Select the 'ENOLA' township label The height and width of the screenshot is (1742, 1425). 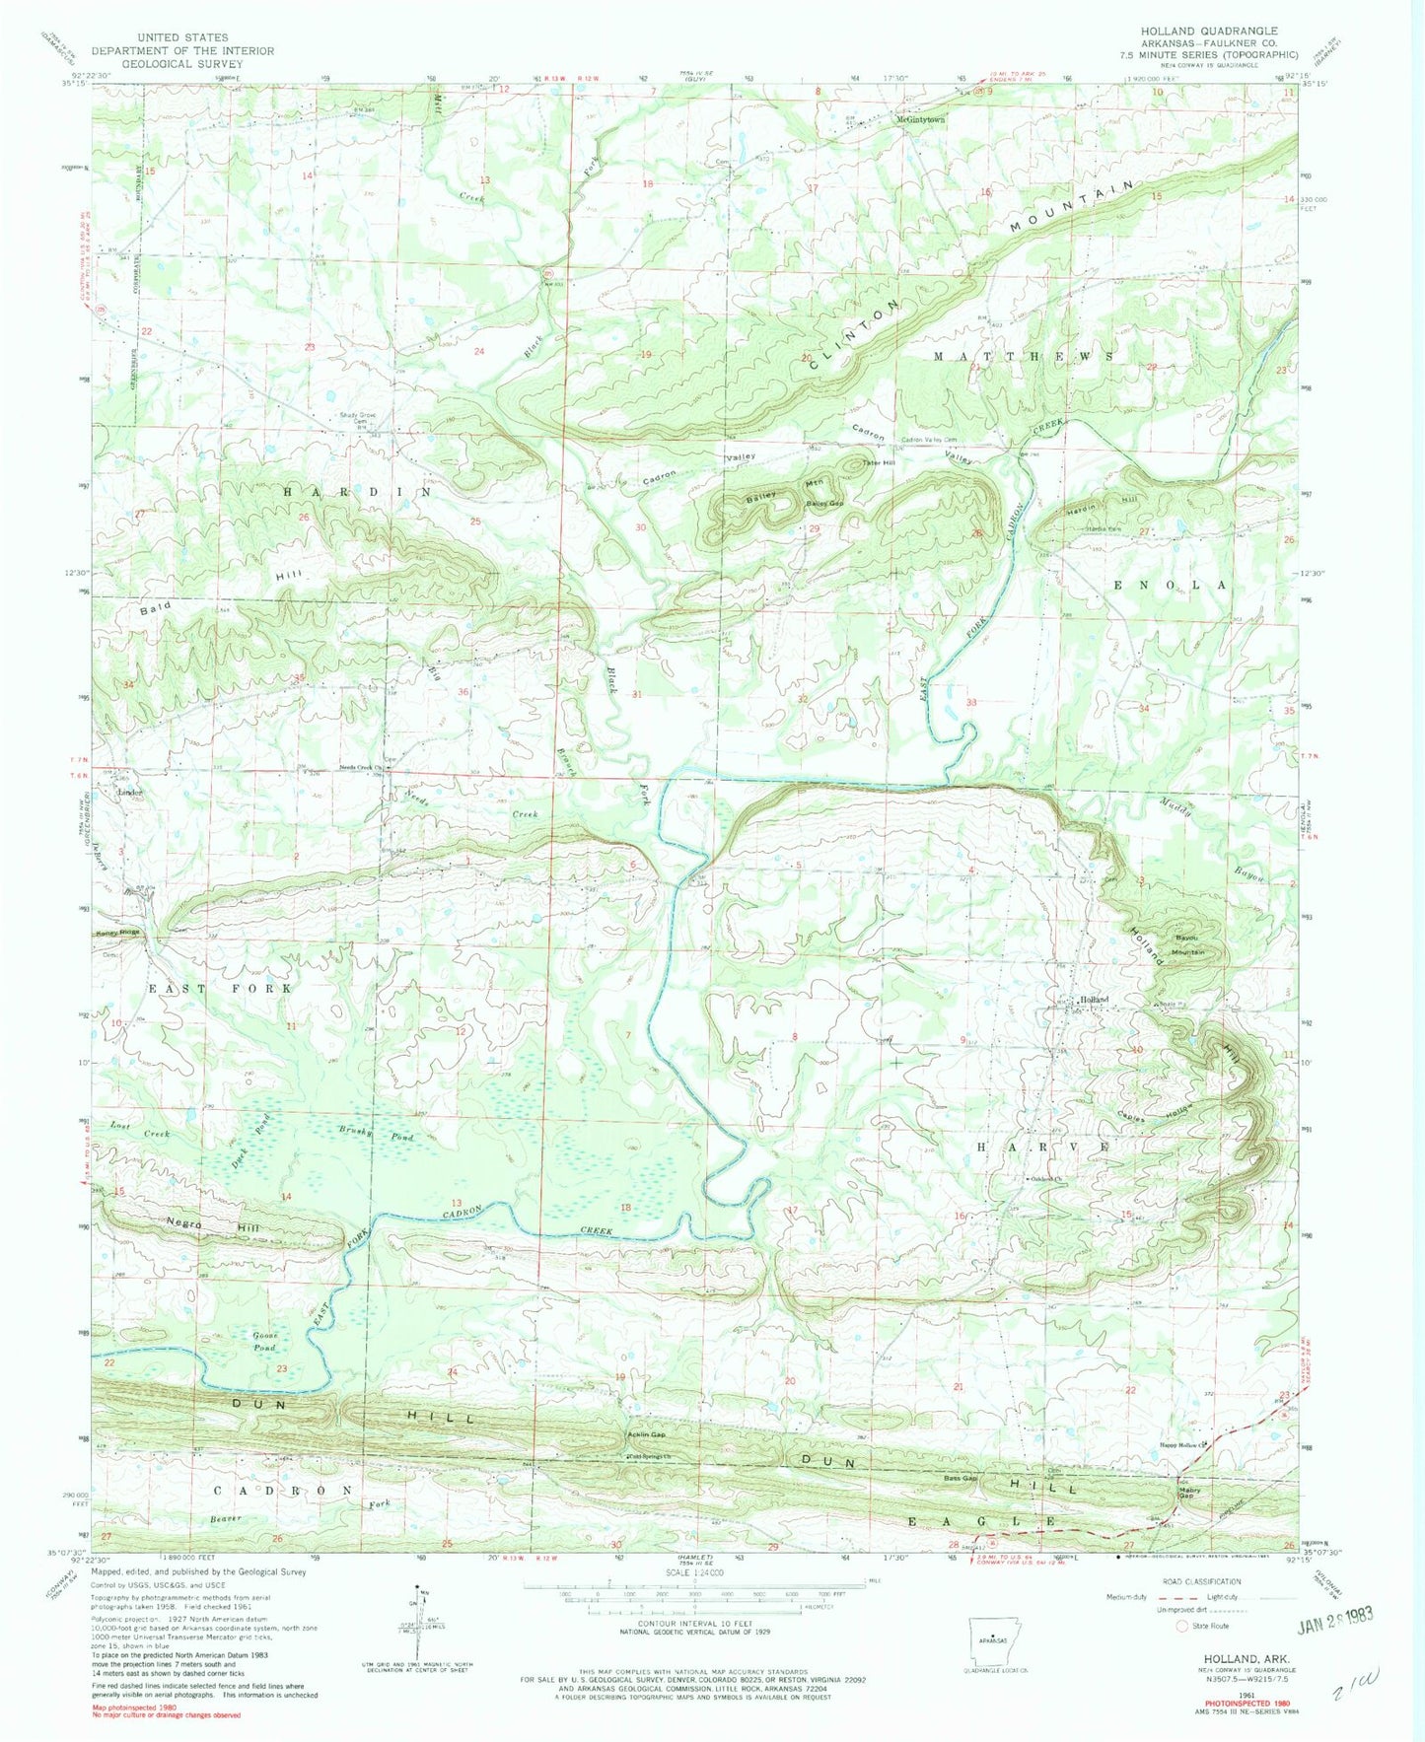pos(1171,585)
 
